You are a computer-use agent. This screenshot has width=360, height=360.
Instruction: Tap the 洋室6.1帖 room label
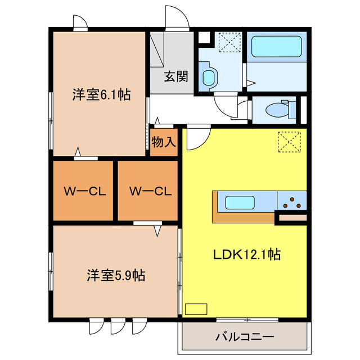101,95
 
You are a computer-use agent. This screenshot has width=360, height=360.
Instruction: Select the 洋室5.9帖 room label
116,276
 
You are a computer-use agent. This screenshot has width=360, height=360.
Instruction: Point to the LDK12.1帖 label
247,255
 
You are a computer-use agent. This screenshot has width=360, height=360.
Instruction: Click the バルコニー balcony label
245,337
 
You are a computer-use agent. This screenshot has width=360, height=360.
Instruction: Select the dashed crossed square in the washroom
229,43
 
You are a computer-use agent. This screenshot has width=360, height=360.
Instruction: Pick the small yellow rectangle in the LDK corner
197,309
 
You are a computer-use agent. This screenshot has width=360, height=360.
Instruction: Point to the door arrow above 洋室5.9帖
157,229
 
